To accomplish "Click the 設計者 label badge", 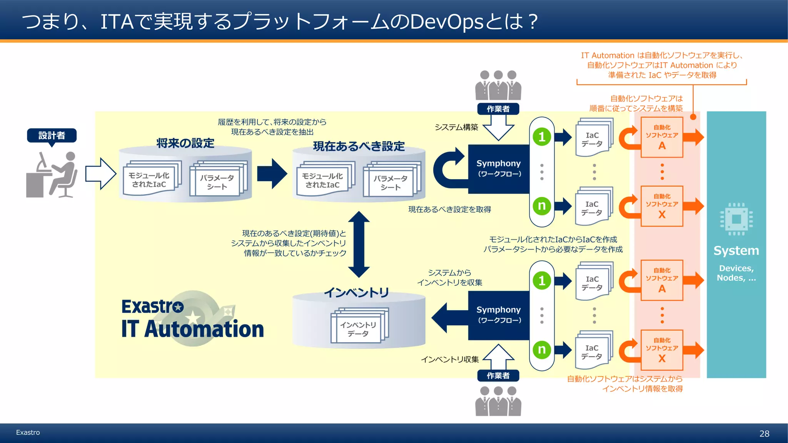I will point(52,135).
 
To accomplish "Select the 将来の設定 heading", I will point(185,143).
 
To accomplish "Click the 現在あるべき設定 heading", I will point(359,146).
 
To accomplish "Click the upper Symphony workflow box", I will point(499,168).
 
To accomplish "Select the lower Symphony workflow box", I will point(499,315).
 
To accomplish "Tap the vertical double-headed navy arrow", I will point(359,245).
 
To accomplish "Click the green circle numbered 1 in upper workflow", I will point(542,137).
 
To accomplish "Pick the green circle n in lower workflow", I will point(542,350).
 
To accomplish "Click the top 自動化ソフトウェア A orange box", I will point(662,137).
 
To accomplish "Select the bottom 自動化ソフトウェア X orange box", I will point(662,350).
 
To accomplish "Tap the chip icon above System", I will point(736,219).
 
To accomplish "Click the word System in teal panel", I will point(736,251).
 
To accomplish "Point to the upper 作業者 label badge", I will point(498,109).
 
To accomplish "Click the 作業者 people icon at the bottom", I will point(498,401).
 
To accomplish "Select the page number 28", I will point(764,434).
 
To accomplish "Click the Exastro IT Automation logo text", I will point(192,319).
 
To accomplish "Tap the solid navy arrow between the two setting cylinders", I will point(272,173).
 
